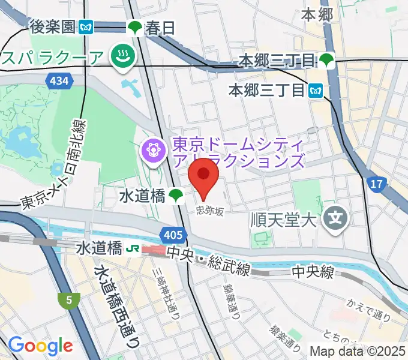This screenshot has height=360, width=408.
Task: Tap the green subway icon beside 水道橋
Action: point(176,195)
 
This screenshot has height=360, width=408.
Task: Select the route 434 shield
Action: point(60,80)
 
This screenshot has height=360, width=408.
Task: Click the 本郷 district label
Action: point(317,14)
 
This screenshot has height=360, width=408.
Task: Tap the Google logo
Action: point(41,346)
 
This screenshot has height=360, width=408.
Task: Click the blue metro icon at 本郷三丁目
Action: point(316,91)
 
